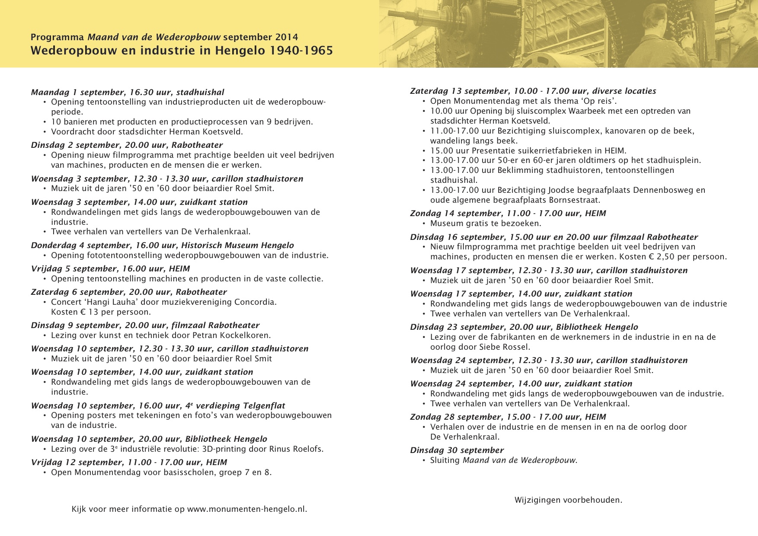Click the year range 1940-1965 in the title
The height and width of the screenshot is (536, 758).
pos(301,51)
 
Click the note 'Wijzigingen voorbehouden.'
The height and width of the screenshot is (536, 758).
pos(568,500)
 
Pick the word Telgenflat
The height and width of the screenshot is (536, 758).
pos(264,405)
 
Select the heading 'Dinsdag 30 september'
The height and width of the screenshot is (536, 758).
pos(457,450)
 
